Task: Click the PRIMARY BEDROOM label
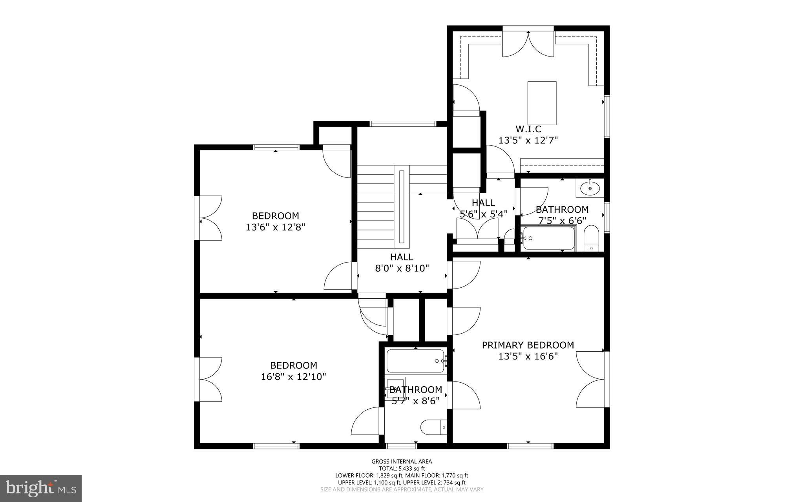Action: [528, 345]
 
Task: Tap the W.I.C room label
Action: [528, 129]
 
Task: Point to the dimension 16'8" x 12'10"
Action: [293, 377]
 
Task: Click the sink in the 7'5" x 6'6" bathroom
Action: [590, 188]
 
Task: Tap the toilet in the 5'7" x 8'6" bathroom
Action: [433, 427]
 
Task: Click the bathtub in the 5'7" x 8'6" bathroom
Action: [415, 361]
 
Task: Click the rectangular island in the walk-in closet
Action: [542, 103]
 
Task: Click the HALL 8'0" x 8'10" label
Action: [402, 257]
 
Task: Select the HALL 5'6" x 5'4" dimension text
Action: [483, 214]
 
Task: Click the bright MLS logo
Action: [41, 488]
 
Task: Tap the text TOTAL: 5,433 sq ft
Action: [402, 468]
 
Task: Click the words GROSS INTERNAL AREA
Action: [402, 462]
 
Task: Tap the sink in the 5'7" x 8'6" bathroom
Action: [395, 387]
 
